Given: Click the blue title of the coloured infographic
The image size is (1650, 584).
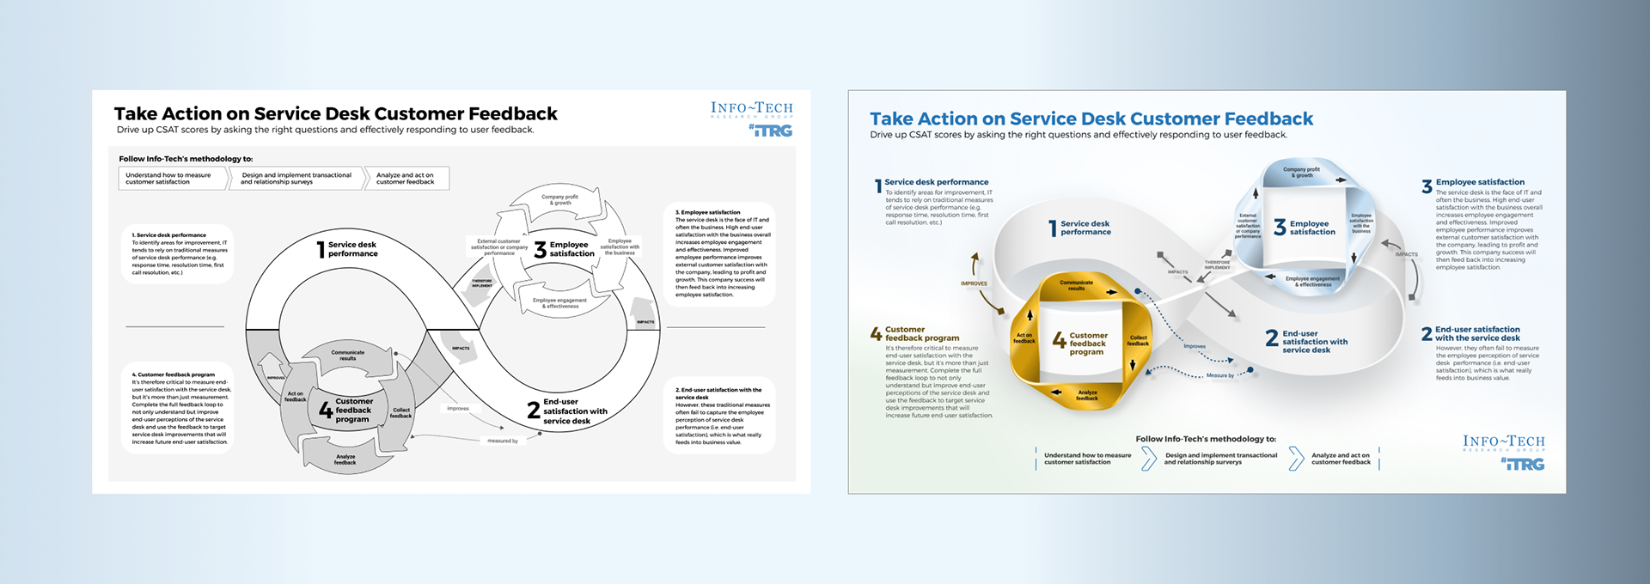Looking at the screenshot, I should click(x=1091, y=119).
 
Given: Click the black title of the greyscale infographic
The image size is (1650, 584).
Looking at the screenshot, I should click(x=335, y=113).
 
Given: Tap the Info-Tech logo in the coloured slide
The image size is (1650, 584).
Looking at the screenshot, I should click(x=1503, y=442).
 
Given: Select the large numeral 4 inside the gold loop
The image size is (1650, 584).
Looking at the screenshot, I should click(x=1060, y=341).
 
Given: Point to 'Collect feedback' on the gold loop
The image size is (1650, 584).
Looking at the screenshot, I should click(x=1138, y=340).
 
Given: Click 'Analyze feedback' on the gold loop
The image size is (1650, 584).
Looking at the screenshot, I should click(x=1087, y=395).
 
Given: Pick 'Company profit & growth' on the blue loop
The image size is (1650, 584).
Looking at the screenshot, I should click(x=1301, y=172).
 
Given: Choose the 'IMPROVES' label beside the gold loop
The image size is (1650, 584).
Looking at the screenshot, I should click(x=974, y=283).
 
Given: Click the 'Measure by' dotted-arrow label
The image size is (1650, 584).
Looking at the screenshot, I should click(x=1219, y=375).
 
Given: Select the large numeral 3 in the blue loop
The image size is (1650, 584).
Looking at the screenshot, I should click(x=1280, y=228).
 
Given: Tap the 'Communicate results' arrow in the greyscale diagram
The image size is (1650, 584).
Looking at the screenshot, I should click(x=348, y=355).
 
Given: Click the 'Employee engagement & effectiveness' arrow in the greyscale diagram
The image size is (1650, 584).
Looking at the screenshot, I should click(x=559, y=302).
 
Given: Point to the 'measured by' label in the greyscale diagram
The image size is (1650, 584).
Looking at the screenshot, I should click(x=503, y=441).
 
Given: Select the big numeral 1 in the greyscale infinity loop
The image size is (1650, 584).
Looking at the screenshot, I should click(x=321, y=250).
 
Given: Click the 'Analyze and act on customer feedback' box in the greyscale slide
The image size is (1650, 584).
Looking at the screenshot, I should click(x=406, y=178).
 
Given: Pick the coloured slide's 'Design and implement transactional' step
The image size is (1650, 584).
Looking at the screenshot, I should click(x=1220, y=459).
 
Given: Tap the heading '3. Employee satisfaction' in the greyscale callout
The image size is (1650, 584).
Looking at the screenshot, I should click(x=707, y=212).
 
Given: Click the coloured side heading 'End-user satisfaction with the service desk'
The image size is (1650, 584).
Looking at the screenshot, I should click(x=1477, y=333).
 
